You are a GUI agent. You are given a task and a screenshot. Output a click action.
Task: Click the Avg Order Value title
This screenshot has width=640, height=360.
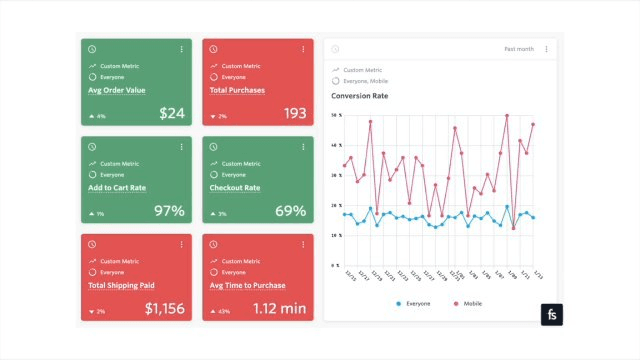116,90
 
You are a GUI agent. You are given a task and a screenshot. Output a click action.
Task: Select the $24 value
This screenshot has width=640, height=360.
172,114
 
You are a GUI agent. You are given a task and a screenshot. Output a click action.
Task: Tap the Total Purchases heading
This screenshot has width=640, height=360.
237,90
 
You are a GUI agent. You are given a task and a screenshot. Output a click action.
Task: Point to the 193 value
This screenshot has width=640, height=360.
295,114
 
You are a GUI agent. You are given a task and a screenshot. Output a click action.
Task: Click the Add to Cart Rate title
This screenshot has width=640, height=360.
118,187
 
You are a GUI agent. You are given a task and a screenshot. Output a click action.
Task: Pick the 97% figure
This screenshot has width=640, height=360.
169,211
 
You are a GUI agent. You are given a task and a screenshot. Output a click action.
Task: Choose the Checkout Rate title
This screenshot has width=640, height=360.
235,187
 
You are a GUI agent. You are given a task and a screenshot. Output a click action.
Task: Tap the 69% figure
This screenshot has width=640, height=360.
291,211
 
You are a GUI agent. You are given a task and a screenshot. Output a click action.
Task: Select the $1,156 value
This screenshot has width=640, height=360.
164,309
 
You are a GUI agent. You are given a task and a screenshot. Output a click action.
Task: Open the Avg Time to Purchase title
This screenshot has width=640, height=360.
246,285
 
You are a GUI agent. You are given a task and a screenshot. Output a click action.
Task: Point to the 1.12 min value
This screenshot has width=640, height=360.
280,309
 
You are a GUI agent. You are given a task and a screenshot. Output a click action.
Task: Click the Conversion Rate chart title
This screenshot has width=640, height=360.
360,96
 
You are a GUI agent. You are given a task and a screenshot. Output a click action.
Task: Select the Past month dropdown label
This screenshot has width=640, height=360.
519,49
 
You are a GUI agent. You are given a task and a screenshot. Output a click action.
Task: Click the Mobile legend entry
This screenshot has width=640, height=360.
470,303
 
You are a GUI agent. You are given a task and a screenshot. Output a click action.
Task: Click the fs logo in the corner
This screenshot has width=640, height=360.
552,316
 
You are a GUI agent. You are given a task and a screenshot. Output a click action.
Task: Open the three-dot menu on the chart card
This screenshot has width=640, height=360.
546,49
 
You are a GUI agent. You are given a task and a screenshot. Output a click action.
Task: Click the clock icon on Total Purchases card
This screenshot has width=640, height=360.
213,49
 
